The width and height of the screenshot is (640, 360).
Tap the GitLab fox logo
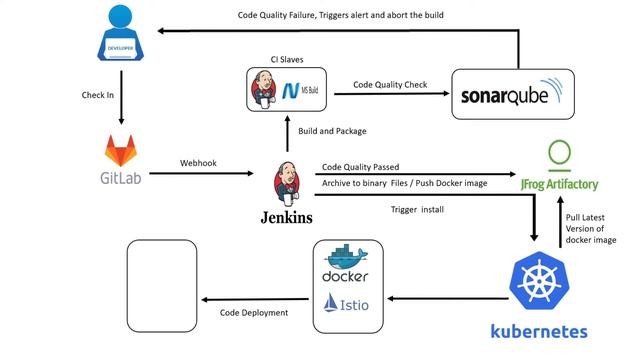click(x=122, y=151)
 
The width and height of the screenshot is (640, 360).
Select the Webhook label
click(x=199, y=161)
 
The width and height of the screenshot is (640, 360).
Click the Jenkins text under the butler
click(x=286, y=217)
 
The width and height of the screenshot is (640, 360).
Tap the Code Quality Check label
click(x=390, y=85)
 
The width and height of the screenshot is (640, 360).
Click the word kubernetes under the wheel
click(x=538, y=331)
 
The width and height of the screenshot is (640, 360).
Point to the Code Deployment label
click(x=254, y=313)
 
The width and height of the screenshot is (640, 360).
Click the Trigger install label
click(x=417, y=209)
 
